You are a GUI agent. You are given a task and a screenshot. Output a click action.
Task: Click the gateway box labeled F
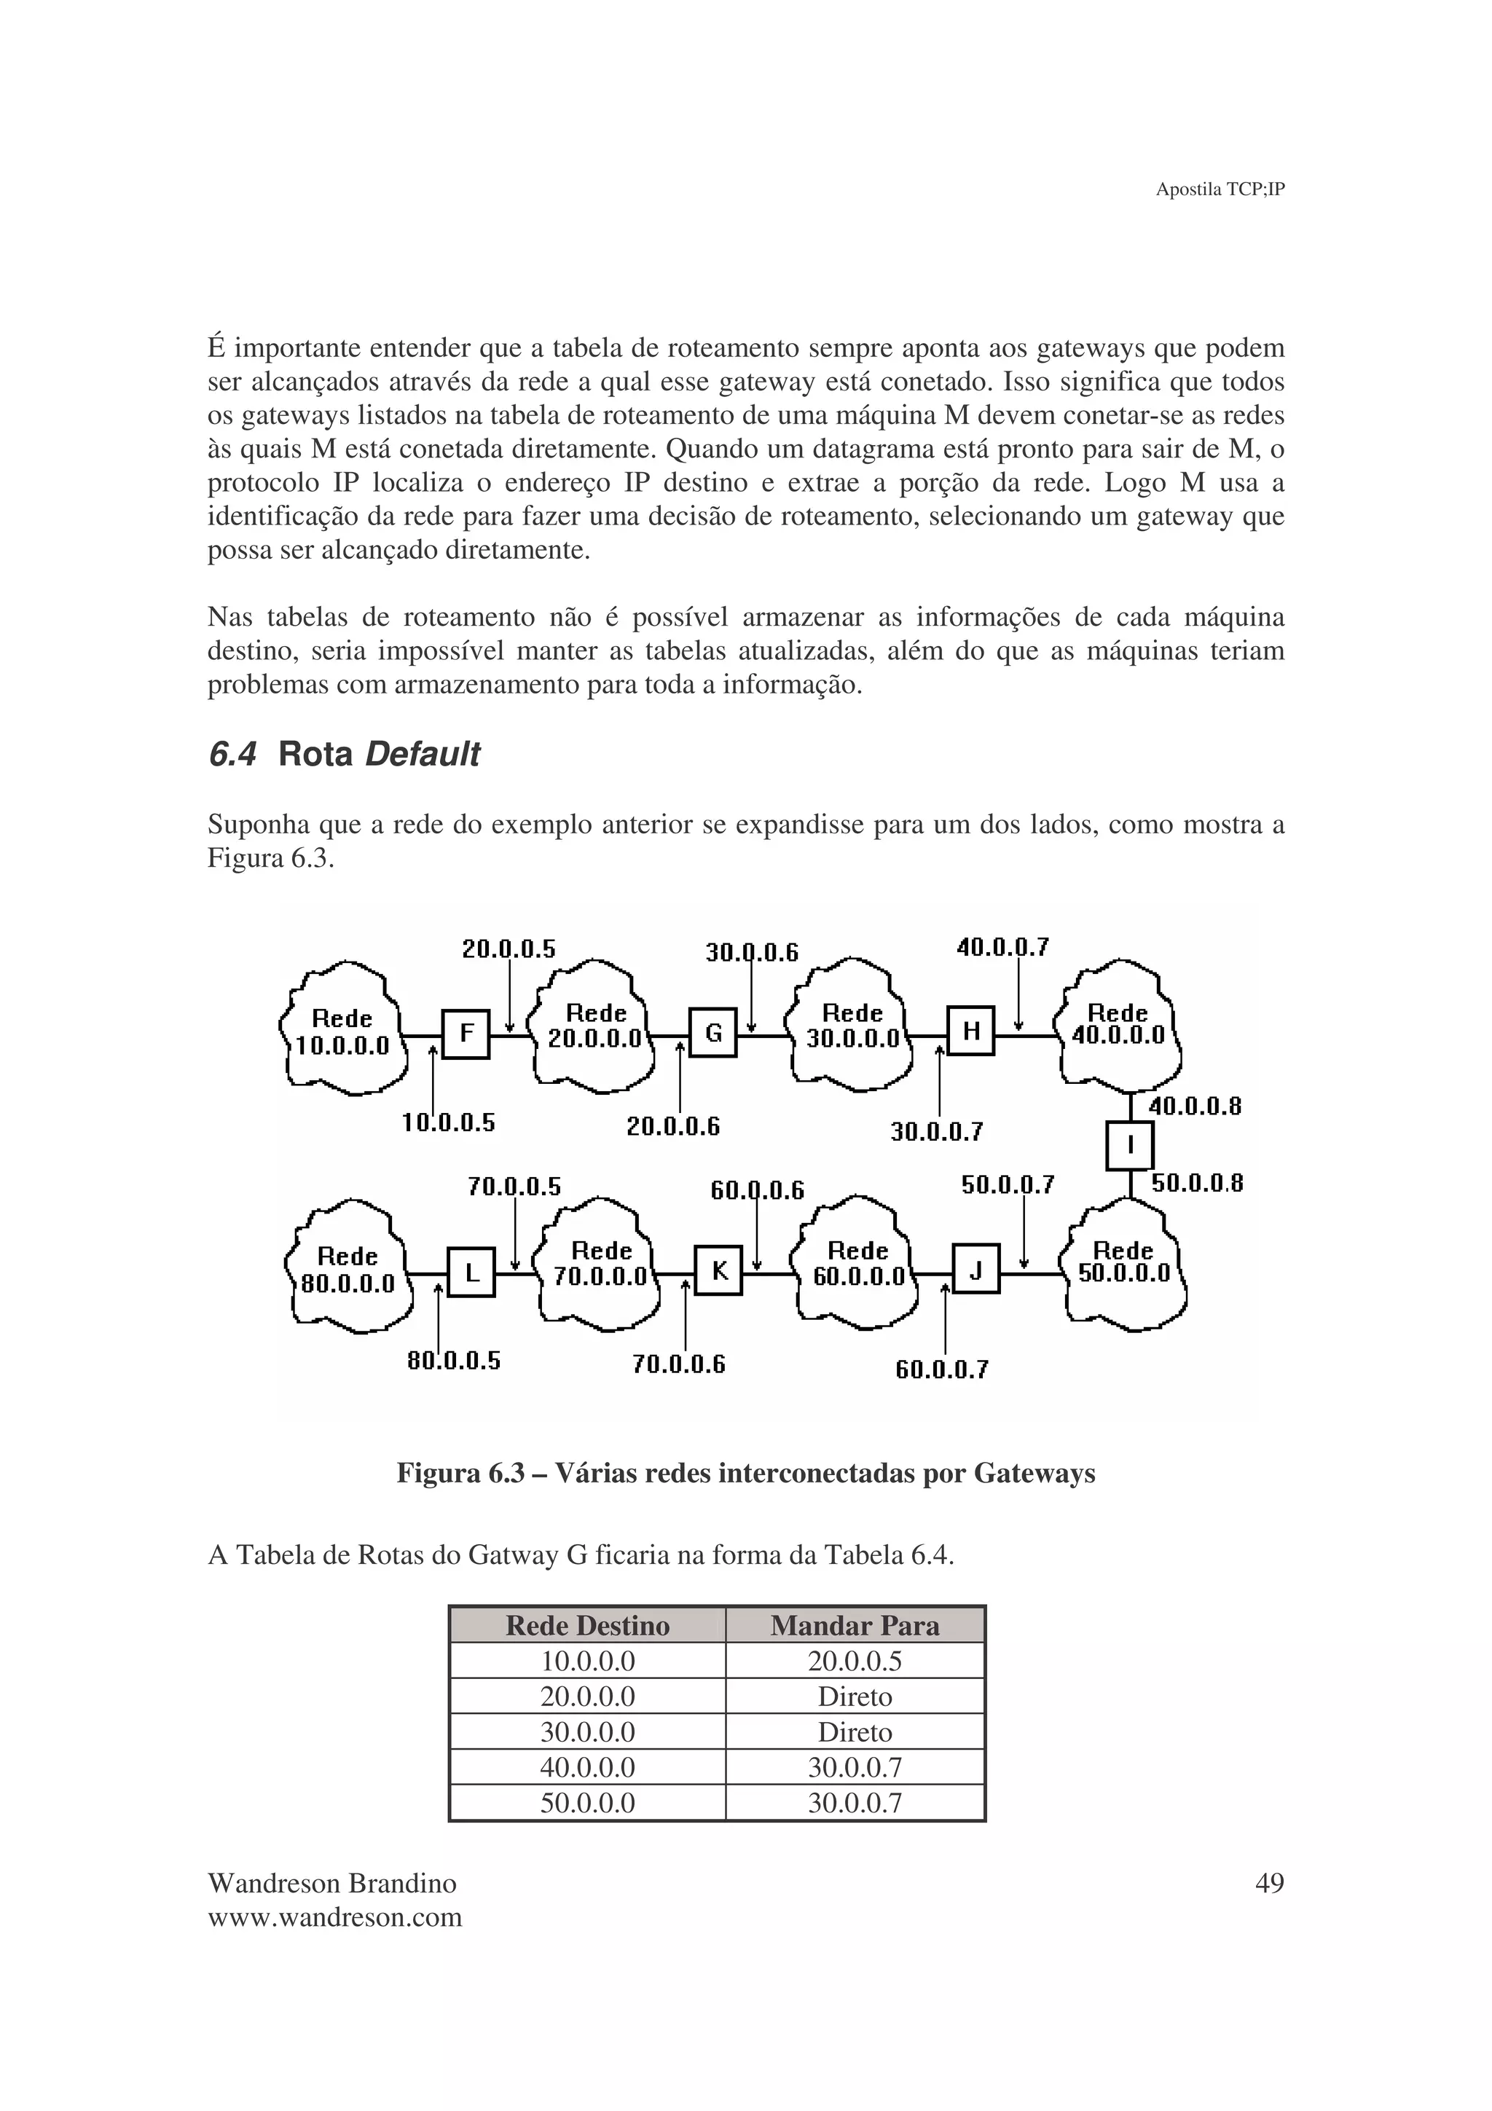coord(466,1034)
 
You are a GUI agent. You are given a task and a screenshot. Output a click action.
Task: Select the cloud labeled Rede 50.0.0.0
coord(1123,1262)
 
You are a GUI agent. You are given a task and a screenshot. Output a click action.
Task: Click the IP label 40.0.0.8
coord(1194,1106)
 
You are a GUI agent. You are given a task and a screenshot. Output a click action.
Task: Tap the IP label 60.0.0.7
coord(941,1370)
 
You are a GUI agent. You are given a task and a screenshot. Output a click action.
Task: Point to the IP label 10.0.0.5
coord(449,1123)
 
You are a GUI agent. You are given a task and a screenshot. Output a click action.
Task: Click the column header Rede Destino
coord(587,1626)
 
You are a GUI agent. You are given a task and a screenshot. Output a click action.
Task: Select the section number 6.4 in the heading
coord(232,755)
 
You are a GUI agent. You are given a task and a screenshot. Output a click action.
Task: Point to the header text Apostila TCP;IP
coord(1219,189)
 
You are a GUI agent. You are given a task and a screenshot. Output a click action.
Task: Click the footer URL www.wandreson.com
coord(334,1918)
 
